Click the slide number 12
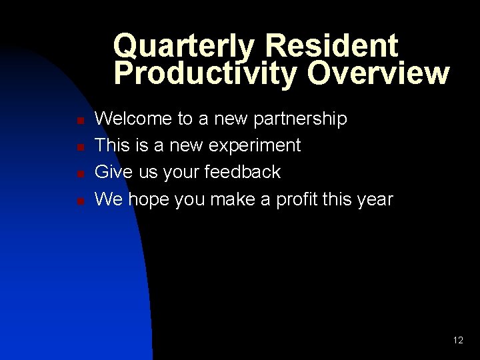point(458,340)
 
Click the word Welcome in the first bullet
point(133,119)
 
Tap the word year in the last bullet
point(373,199)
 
